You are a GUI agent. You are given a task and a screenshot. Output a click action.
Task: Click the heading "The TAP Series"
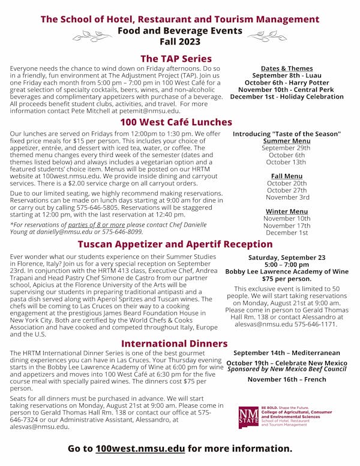176,59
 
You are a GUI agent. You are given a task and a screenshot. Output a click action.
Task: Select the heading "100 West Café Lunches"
176,122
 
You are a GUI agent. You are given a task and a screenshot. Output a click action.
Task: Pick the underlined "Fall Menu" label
287,176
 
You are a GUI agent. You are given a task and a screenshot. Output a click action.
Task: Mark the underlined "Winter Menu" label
287,211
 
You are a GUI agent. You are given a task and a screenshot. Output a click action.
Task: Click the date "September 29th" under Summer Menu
287,148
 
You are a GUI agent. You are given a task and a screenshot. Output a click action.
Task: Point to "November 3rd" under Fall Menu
287,197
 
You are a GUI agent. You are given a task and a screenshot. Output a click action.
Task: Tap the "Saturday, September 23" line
287,257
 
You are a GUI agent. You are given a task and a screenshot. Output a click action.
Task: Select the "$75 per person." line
287,278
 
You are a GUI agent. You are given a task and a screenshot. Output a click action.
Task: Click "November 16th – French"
287,379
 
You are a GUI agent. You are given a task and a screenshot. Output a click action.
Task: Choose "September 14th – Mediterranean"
287,353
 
